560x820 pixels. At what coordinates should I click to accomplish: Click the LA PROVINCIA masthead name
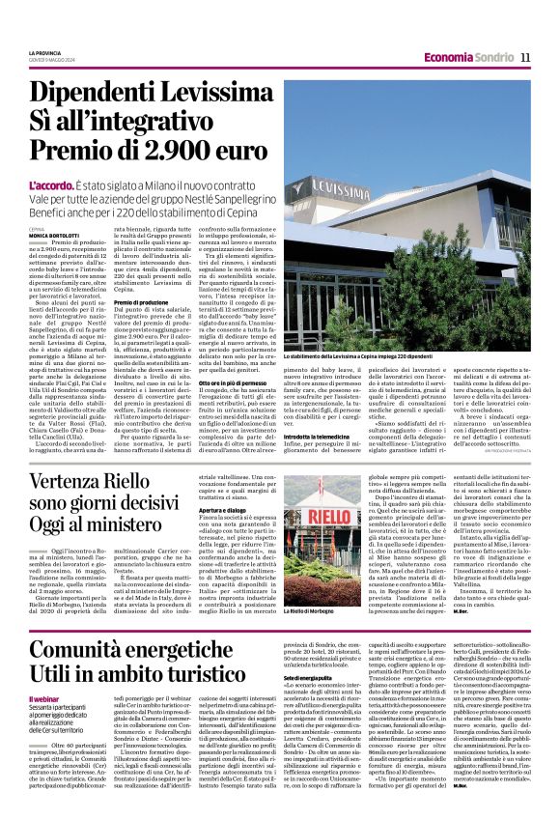click(44, 52)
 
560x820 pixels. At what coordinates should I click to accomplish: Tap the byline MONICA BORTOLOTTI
click(56, 235)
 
